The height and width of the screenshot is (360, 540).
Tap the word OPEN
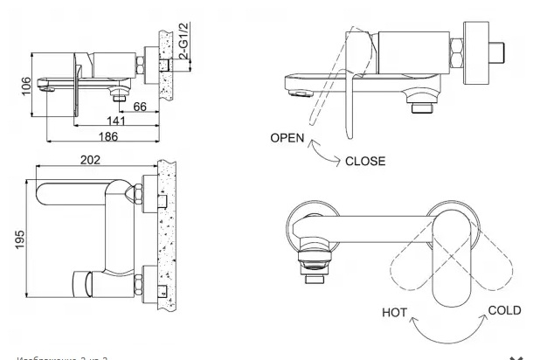(289, 138)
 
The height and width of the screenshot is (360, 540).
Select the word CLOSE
(366, 162)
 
